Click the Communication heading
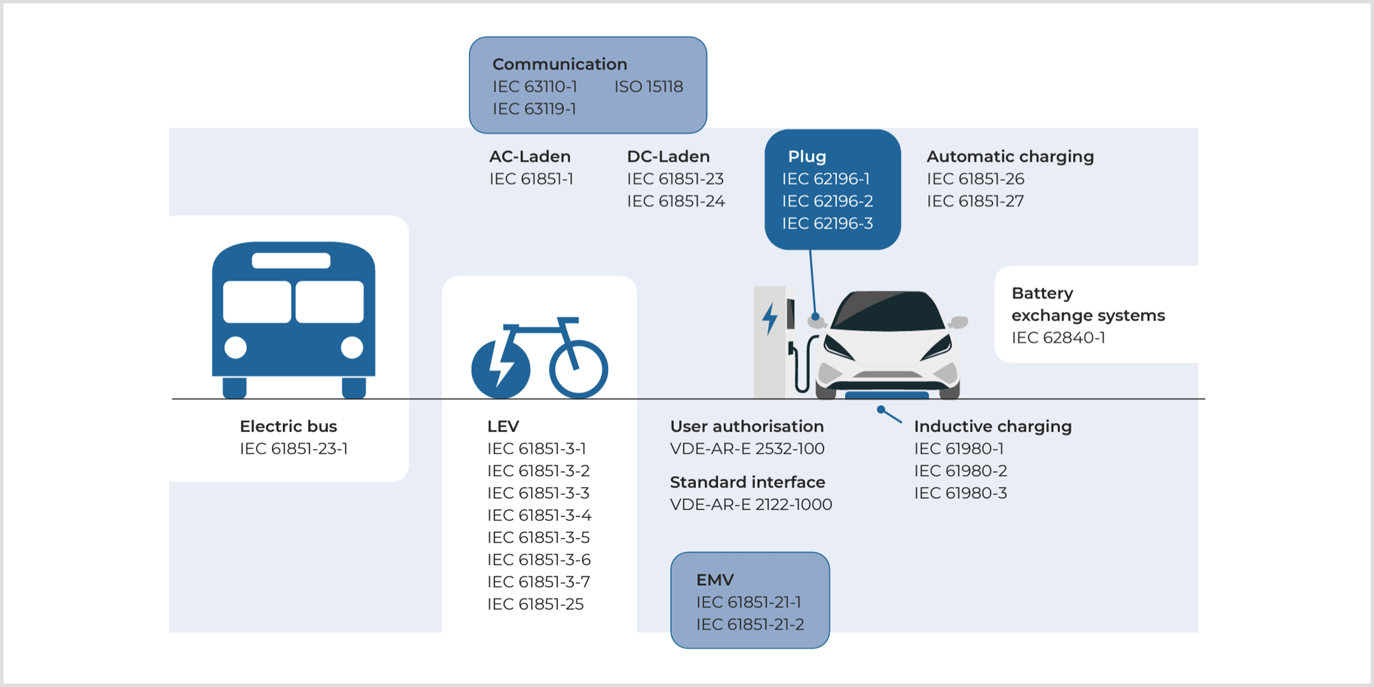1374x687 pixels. (559, 64)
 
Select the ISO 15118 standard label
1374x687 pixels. (649, 87)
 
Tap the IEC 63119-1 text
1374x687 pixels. (534, 109)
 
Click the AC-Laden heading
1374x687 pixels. (530, 157)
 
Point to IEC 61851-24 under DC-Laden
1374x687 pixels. (675, 201)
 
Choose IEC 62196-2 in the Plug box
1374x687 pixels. (827, 201)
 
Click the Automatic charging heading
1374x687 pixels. (1010, 157)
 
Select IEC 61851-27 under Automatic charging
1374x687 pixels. (975, 201)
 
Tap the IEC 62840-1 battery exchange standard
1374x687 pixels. (1058, 337)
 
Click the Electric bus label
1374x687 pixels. (288, 426)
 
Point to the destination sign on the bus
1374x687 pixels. (291, 261)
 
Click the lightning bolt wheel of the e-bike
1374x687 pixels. (501, 369)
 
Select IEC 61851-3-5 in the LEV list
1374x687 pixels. (538, 537)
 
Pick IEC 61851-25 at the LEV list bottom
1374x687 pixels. (535, 604)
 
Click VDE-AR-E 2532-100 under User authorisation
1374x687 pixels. (747, 449)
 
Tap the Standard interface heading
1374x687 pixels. (747, 482)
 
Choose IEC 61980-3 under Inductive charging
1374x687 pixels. (960, 493)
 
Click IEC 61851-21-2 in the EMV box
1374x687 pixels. (750, 624)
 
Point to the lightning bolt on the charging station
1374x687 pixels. (769, 319)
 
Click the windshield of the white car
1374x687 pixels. (886, 313)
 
